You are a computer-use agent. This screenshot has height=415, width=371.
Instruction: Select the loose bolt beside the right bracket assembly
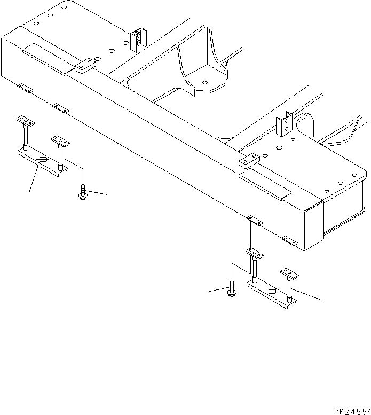tap(232, 288)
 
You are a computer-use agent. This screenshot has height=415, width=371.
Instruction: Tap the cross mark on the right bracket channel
tap(272, 292)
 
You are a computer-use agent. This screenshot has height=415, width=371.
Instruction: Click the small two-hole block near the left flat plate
tap(85, 66)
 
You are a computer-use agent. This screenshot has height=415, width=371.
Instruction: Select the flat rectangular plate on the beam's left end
tap(45, 56)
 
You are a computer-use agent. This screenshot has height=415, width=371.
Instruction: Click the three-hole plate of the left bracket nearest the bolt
tap(60, 141)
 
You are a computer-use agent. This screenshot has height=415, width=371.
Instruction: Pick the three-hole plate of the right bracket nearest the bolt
tap(255, 253)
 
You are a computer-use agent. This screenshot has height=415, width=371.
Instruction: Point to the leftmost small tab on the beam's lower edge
tap(25, 87)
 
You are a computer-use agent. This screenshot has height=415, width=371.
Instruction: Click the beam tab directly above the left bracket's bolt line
tap(60, 108)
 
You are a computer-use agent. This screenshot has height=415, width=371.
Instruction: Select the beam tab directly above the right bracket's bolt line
tap(253, 220)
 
